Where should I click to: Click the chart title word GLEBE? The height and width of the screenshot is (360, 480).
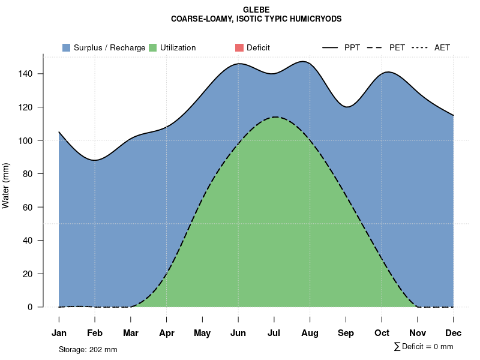tap(256, 10)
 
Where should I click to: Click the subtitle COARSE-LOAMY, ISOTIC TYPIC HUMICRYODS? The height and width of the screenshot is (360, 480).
tap(256, 19)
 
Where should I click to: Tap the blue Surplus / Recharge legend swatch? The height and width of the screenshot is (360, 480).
tap(67, 47)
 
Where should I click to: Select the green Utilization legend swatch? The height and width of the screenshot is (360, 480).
tap(153, 47)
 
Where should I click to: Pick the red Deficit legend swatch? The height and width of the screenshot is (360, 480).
tap(239, 47)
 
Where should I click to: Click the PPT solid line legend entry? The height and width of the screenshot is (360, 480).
tap(341, 47)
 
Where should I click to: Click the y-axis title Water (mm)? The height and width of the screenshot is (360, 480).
tap(6, 185)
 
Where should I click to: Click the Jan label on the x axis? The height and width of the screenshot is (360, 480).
tap(59, 333)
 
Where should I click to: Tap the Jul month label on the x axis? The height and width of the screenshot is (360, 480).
tap(274, 333)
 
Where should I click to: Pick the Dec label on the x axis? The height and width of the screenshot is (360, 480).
tap(454, 333)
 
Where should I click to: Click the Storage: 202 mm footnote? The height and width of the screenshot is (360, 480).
tap(88, 349)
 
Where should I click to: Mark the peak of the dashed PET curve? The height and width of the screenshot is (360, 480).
tap(275, 117)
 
